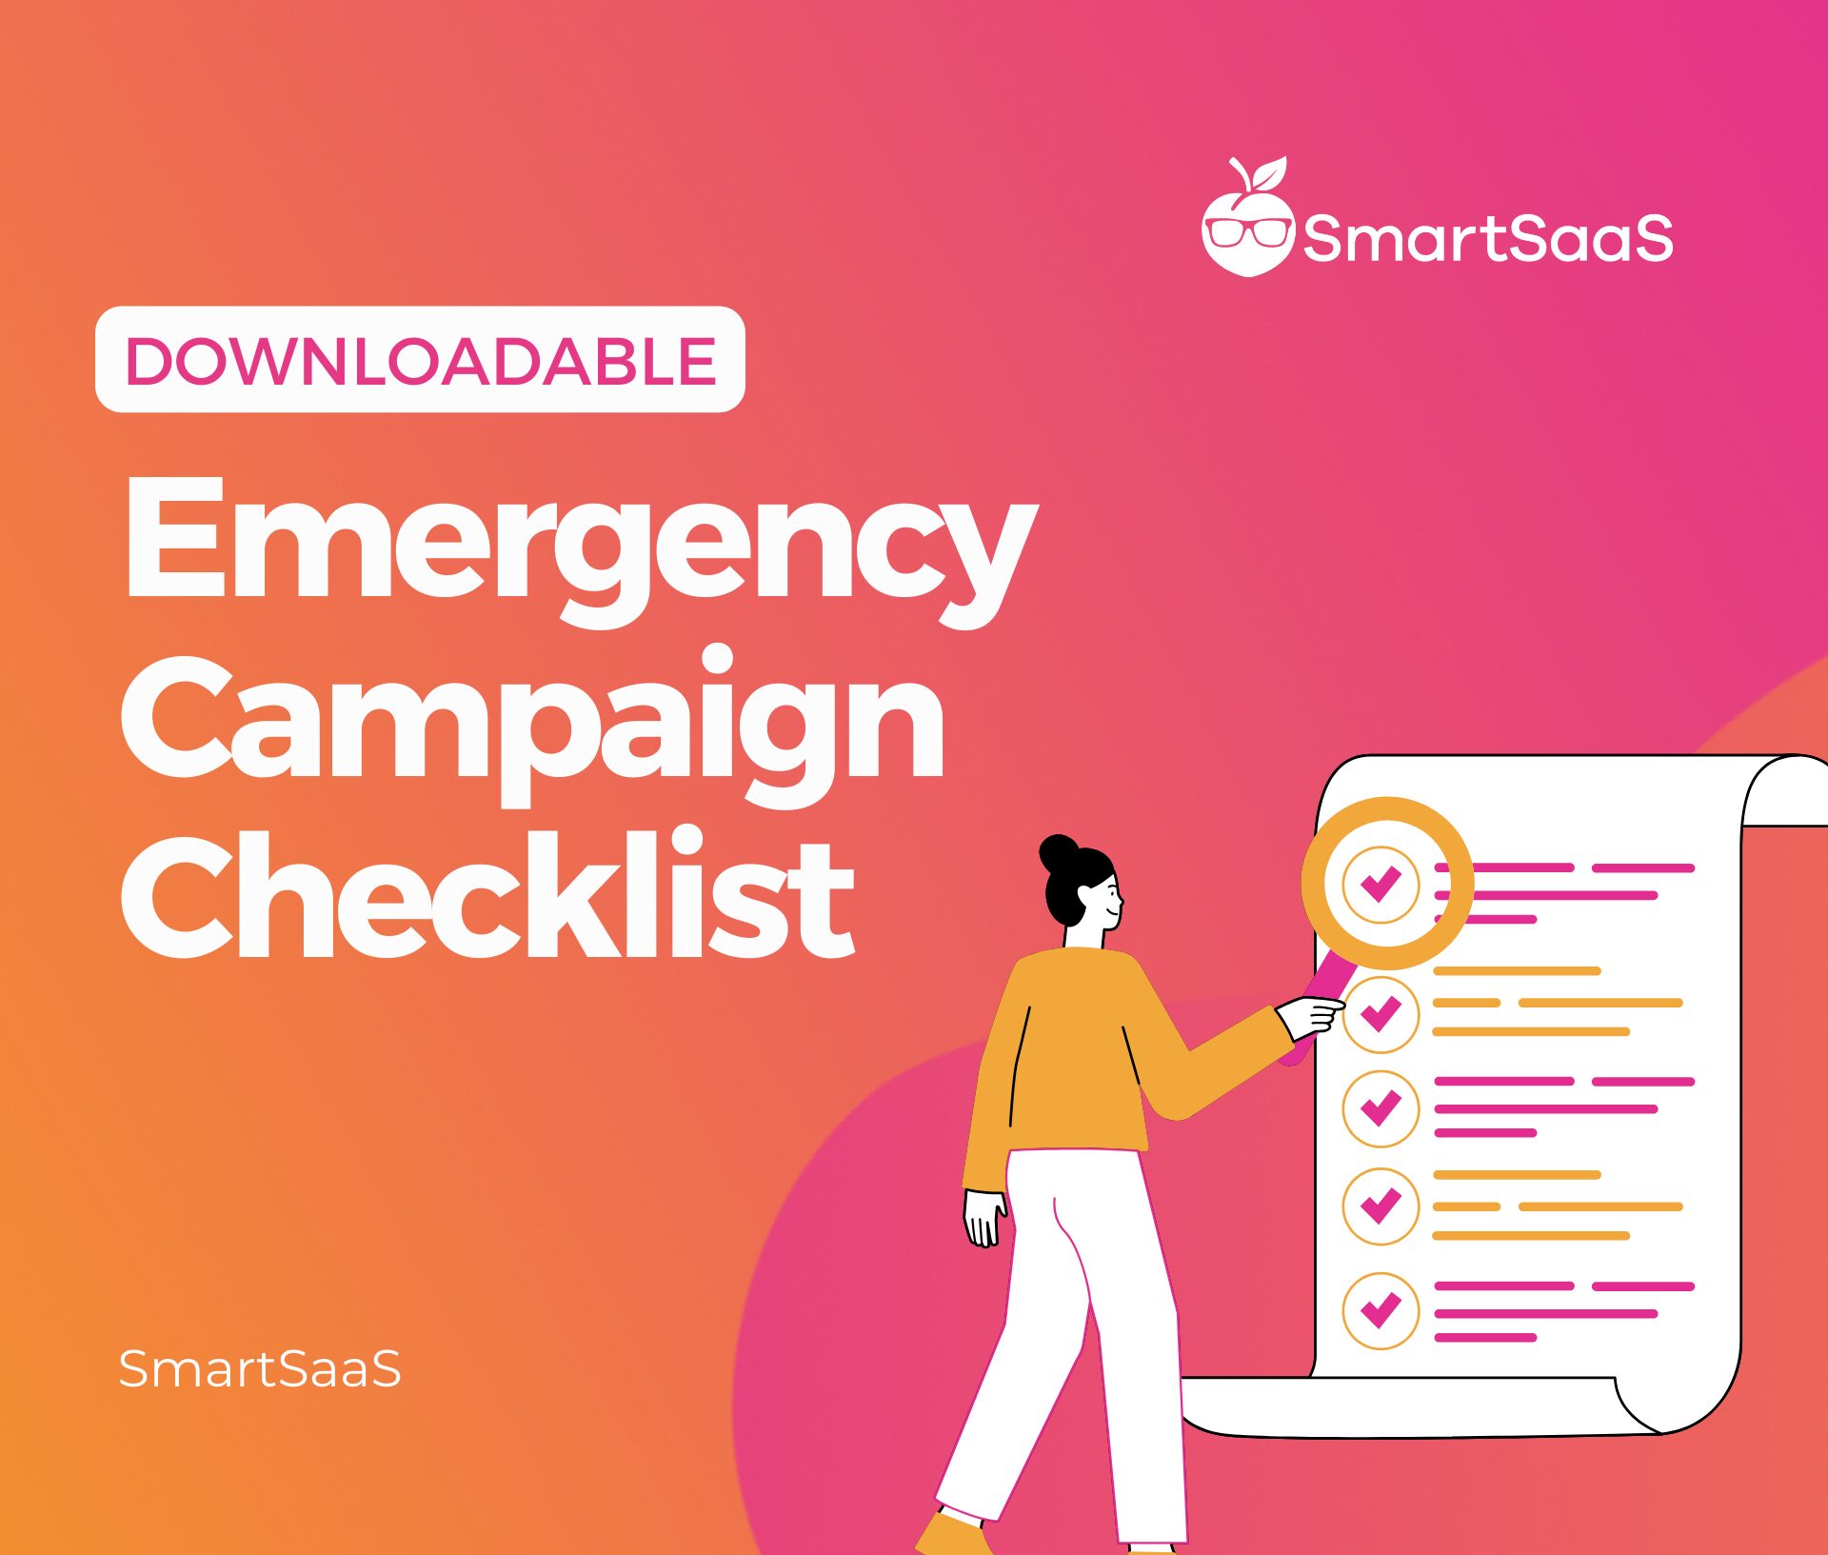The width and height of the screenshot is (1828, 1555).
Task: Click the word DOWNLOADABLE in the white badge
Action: [420, 361]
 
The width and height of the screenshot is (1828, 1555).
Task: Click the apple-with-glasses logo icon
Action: [1247, 225]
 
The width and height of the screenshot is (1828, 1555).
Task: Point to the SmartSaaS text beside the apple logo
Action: [1487, 238]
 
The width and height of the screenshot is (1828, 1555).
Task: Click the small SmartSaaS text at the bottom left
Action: [259, 1369]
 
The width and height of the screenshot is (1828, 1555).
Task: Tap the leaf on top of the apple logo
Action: [1268, 175]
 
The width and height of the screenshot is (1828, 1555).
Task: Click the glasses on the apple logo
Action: [1247, 231]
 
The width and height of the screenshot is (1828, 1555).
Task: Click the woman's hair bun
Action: [1058, 853]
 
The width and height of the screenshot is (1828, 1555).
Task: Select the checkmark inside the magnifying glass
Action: [1381, 884]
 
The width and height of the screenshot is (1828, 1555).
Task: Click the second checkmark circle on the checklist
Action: [1381, 1014]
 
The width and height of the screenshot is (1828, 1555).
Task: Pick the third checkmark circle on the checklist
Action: [1381, 1107]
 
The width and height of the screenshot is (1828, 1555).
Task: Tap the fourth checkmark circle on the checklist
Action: [1381, 1206]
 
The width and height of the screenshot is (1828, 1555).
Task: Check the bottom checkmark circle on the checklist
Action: [1381, 1310]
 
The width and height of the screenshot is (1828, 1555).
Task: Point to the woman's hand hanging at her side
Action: [984, 1219]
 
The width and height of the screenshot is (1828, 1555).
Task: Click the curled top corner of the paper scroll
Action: [1785, 790]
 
